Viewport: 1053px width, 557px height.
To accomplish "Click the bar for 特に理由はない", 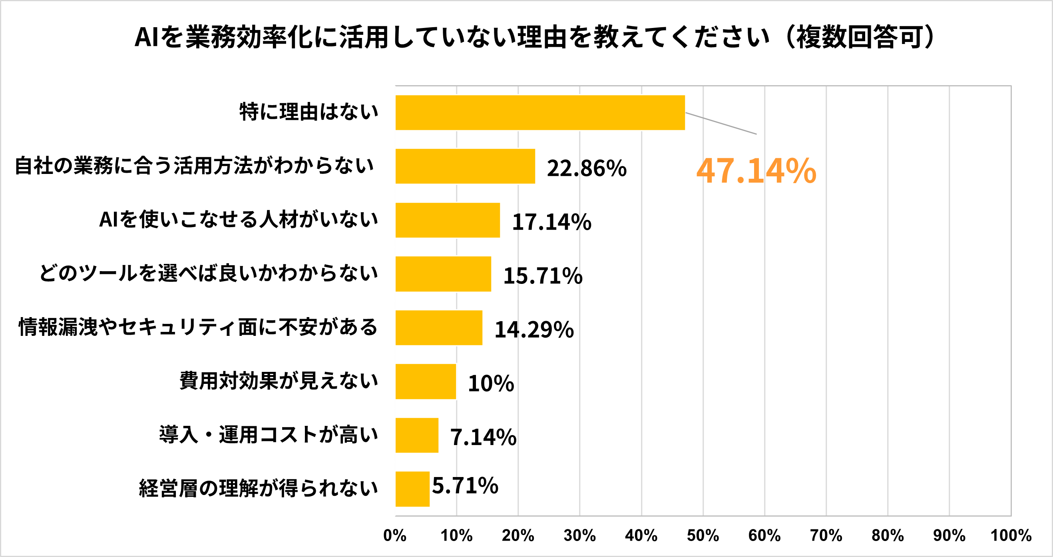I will [x=539, y=112].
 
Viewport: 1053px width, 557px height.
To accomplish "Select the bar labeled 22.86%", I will [x=465, y=166].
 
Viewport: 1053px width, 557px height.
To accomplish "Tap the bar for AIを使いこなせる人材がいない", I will [x=448, y=220].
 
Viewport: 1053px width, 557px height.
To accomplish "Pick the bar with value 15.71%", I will [x=443, y=274].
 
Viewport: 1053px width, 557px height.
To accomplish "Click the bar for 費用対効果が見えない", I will [x=426, y=381].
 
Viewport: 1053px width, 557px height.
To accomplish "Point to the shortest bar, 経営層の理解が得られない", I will [x=412, y=489].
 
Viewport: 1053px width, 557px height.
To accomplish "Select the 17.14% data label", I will [x=551, y=222].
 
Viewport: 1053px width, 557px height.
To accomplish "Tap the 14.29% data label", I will [x=534, y=329].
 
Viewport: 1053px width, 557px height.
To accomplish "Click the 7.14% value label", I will [x=483, y=437].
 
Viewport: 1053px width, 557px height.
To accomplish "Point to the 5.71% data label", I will [x=465, y=485].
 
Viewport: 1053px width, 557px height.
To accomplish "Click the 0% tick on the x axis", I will [x=395, y=535].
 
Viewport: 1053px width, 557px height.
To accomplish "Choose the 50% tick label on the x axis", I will [x=703, y=535].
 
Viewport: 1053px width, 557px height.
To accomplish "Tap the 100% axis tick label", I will [x=1011, y=535].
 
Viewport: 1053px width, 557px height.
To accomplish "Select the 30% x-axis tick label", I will [x=579, y=535].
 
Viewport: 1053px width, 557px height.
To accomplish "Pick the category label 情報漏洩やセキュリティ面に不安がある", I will [x=198, y=327].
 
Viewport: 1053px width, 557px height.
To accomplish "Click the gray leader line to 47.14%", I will [x=721, y=123].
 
